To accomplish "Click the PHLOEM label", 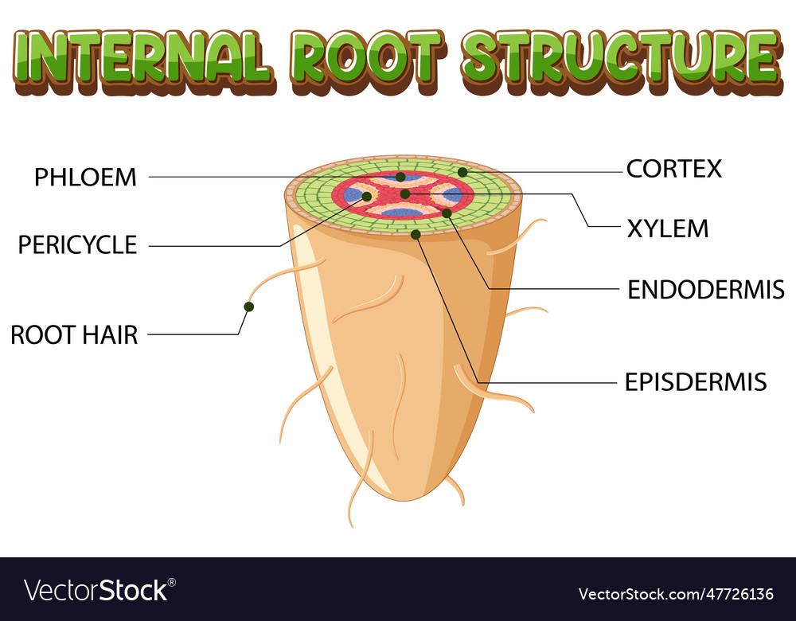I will [x=85, y=177].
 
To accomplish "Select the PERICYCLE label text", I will [x=77, y=245].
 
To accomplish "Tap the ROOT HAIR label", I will [x=74, y=335].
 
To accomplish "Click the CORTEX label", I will [x=673, y=169].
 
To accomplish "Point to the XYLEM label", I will [x=667, y=228].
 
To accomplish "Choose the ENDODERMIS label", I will [x=705, y=289].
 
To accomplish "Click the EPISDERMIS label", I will [x=695, y=382].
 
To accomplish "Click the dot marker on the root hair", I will [x=249, y=307].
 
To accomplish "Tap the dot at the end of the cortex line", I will [x=462, y=172].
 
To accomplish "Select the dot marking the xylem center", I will [x=405, y=193].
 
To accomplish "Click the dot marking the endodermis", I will [x=447, y=213].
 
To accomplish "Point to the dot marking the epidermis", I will [x=416, y=234].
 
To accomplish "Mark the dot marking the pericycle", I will [x=367, y=196].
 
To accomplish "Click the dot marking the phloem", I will [x=400, y=177].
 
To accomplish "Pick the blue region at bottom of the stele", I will [x=402, y=213].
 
